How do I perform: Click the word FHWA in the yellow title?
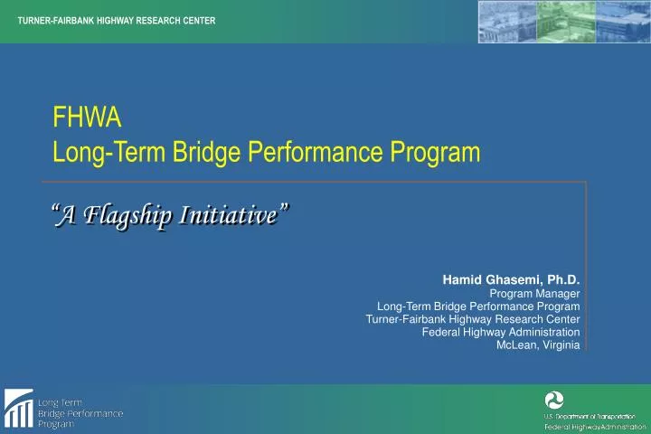pyautogui.click(x=87, y=118)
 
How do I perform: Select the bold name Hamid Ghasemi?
pyautogui.click(x=486, y=280)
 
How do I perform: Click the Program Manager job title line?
pyautogui.click(x=534, y=294)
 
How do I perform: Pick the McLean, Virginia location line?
pyautogui.click(x=538, y=344)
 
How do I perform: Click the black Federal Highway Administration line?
pyautogui.click(x=501, y=332)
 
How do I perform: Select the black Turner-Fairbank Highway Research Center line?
pyautogui.click(x=473, y=319)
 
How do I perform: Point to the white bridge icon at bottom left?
pyautogui.click(x=18, y=410)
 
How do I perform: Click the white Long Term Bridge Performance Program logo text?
pyautogui.click(x=80, y=412)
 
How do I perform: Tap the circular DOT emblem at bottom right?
pyautogui.click(x=554, y=400)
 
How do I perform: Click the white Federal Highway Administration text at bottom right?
pyautogui.click(x=595, y=426)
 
